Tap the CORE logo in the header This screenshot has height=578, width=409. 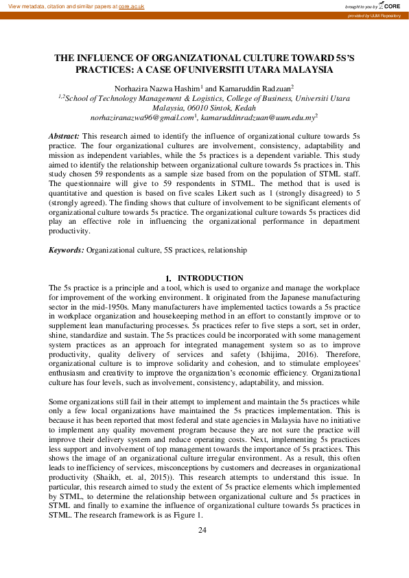(390, 5)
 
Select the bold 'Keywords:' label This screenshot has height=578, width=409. (67, 251)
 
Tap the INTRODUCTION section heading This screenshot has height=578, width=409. (210, 277)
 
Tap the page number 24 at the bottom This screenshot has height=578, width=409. (202, 530)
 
